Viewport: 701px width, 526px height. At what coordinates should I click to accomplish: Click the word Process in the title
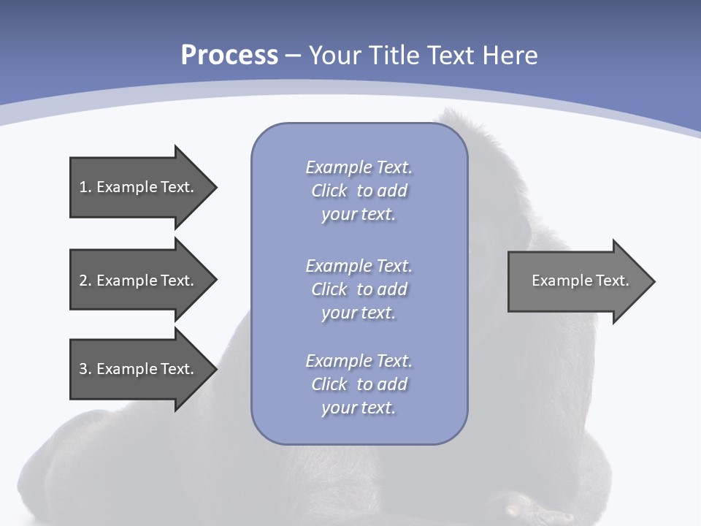(x=229, y=56)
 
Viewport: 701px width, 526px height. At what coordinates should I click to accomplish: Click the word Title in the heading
(x=394, y=56)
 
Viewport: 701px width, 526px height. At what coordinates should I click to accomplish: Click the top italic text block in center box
(x=359, y=191)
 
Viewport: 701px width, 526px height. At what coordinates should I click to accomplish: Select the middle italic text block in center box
(x=359, y=289)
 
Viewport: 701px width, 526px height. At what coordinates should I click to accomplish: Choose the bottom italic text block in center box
(x=359, y=384)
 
